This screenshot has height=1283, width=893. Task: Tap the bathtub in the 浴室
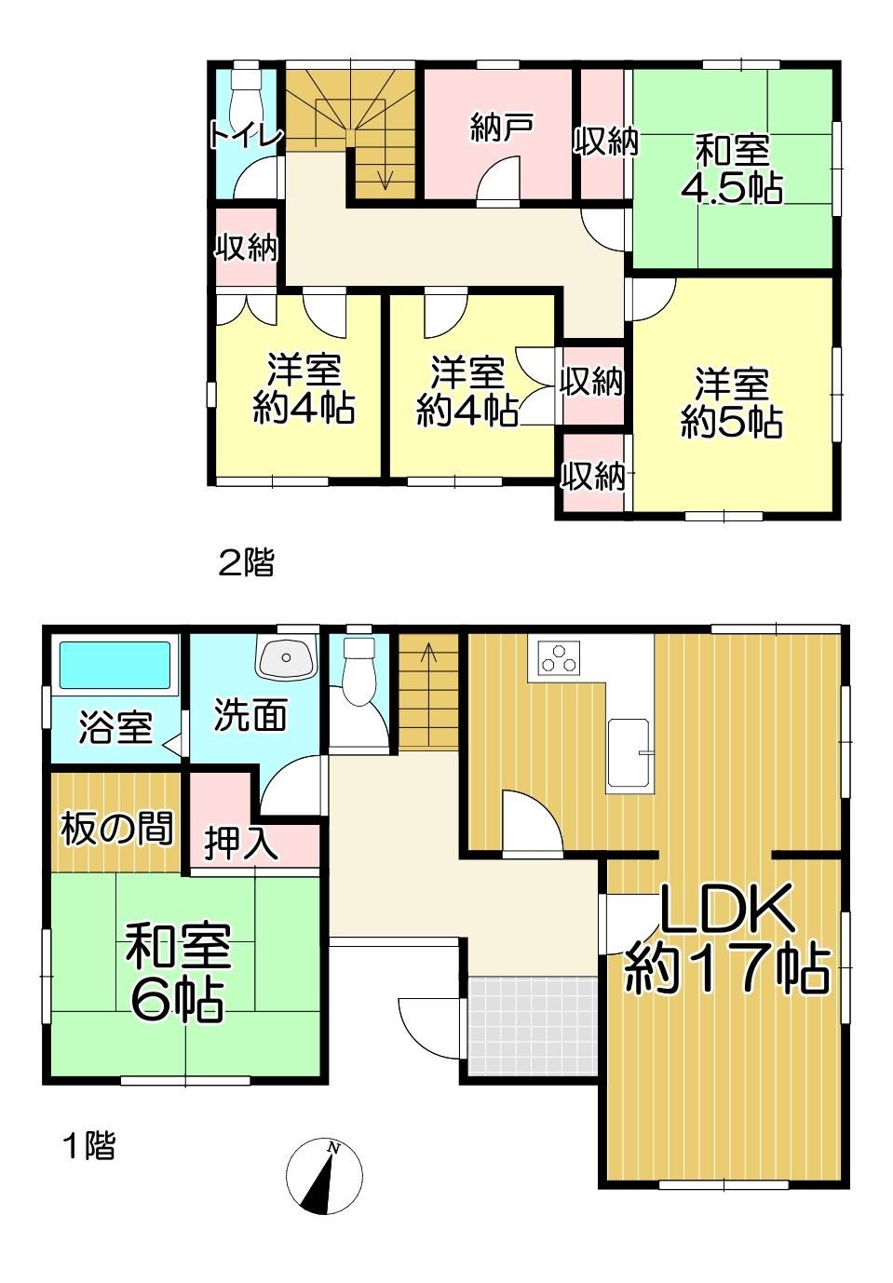tap(115, 665)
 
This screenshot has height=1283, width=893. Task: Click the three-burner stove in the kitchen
tap(559, 657)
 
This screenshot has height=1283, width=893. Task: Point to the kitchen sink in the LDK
tap(629, 752)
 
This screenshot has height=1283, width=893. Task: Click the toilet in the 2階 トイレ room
tap(246, 98)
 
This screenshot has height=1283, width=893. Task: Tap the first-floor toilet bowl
tap(358, 671)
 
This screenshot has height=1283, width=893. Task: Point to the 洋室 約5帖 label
tap(732, 403)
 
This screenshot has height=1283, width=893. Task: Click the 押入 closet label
tap(241, 844)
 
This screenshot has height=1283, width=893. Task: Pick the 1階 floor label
tap(89, 1145)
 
